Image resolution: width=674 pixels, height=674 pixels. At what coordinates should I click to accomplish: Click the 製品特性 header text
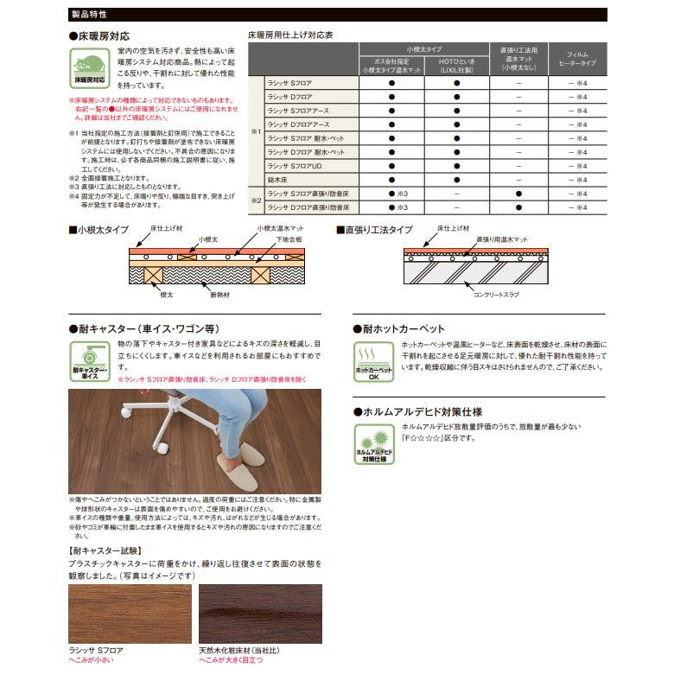click(89, 14)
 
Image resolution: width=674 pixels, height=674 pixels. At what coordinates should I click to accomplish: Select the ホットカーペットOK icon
click(373, 362)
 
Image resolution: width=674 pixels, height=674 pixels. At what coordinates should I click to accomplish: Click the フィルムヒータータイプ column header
click(578, 59)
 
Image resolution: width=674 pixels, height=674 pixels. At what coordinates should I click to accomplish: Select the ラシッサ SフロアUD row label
click(294, 166)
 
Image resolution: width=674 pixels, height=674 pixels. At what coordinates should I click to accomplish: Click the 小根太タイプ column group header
click(423, 50)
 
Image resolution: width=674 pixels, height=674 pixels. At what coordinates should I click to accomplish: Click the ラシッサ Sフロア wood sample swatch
click(130, 613)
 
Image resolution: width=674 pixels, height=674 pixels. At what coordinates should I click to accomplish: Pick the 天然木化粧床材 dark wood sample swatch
click(260, 613)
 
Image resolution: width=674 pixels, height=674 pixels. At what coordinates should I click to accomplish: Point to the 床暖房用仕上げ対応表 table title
click(290, 35)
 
